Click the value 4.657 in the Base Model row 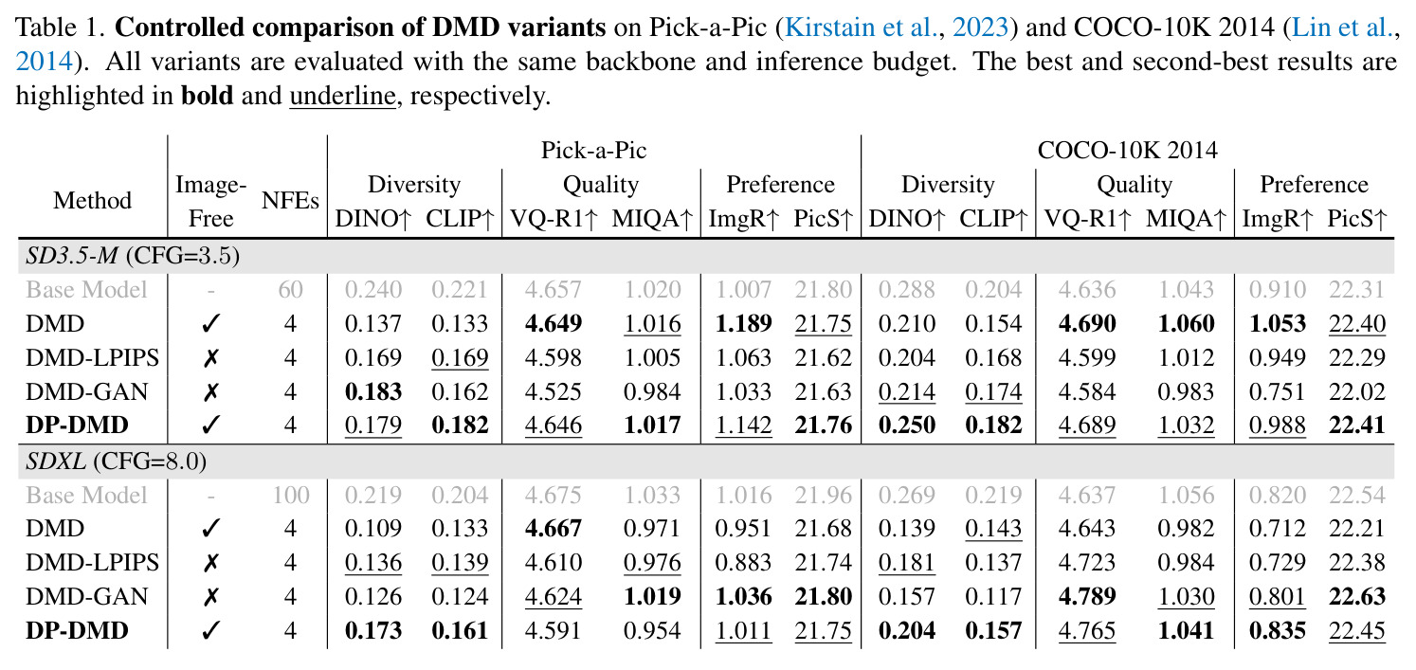(553, 289)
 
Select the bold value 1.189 (743, 323)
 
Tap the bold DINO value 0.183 (373, 392)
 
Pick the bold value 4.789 (1087, 596)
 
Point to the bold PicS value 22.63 (1357, 596)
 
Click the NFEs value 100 (291, 495)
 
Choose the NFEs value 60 (291, 289)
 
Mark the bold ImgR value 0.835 (1277, 630)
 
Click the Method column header (92, 200)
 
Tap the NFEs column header (290, 200)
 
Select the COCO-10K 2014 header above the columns (1127, 151)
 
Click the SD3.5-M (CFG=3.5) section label (133, 255)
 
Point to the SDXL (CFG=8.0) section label (117, 462)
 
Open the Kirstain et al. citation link (897, 27)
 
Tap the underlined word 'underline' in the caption (342, 96)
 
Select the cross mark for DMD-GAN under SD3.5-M (210, 392)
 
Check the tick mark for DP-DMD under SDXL (210, 630)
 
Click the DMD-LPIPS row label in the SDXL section (92, 562)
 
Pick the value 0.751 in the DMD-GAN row (1277, 392)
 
